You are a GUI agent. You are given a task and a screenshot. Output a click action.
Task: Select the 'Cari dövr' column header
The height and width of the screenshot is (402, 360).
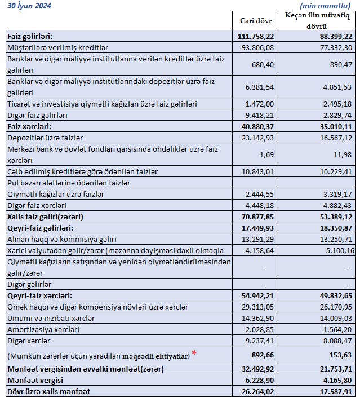coord(256,21)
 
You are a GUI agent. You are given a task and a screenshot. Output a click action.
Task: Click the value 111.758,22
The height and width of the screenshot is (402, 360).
coord(256,36)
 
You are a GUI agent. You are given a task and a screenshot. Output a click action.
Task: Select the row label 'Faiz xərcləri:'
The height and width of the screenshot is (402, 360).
coord(29,126)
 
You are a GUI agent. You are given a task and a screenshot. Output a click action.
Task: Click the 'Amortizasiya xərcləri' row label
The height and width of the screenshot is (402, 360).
coord(43,329)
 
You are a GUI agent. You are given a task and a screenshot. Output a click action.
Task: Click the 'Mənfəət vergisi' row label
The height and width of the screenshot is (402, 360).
coord(35,380)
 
